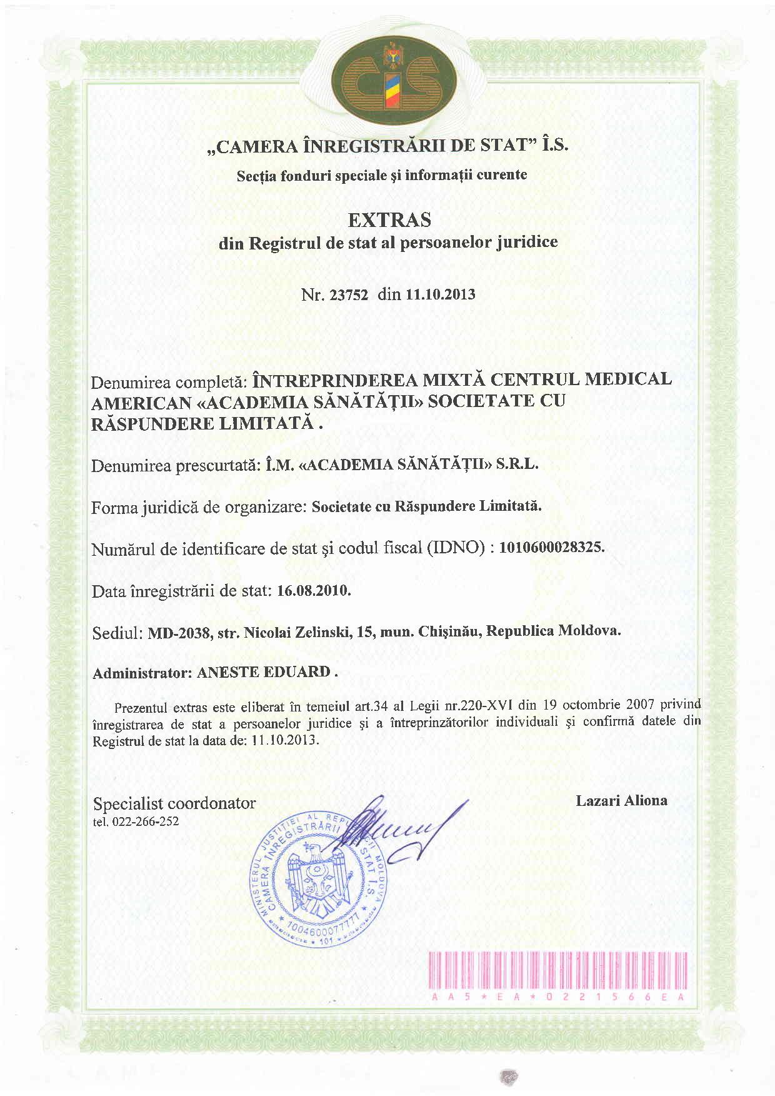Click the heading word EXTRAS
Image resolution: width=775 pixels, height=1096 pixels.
(x=389, y=220)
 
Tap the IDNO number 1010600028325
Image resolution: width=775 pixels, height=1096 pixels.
(x=551, y=547)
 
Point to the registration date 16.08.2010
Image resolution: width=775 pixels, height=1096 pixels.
(x=312, y=590)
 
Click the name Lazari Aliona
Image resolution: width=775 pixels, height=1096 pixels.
(x=621, y=800)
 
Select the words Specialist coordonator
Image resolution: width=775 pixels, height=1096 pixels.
(x=174, y=803)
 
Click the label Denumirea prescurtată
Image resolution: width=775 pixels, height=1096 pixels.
(x=172, y=465)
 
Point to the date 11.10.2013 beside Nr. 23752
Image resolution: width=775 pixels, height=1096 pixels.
(x=441, y=294)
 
